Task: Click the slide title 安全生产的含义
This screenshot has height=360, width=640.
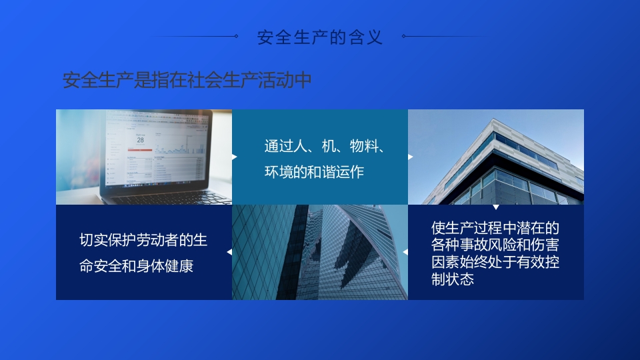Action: click(320, 37)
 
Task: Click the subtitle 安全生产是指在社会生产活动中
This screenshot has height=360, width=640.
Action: click(187, 81)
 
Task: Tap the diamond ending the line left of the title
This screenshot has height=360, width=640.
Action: click(236, 37)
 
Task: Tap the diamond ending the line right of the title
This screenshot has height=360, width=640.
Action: click(404, 37)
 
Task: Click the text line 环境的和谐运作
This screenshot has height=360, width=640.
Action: click(314, 172)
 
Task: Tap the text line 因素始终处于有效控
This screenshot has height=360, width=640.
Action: click(495, 263)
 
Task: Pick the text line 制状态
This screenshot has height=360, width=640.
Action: click(453, 279)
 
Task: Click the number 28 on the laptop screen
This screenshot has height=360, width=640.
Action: click(140, 140)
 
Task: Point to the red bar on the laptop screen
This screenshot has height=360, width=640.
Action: click(140, 150)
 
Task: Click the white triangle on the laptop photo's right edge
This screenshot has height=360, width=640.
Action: click(234, 157)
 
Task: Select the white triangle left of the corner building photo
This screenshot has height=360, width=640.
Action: click(410, 157)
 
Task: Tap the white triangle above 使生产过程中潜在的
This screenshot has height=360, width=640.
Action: click(495, 207)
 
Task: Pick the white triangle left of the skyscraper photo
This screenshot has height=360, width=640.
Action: click(229, 252)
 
